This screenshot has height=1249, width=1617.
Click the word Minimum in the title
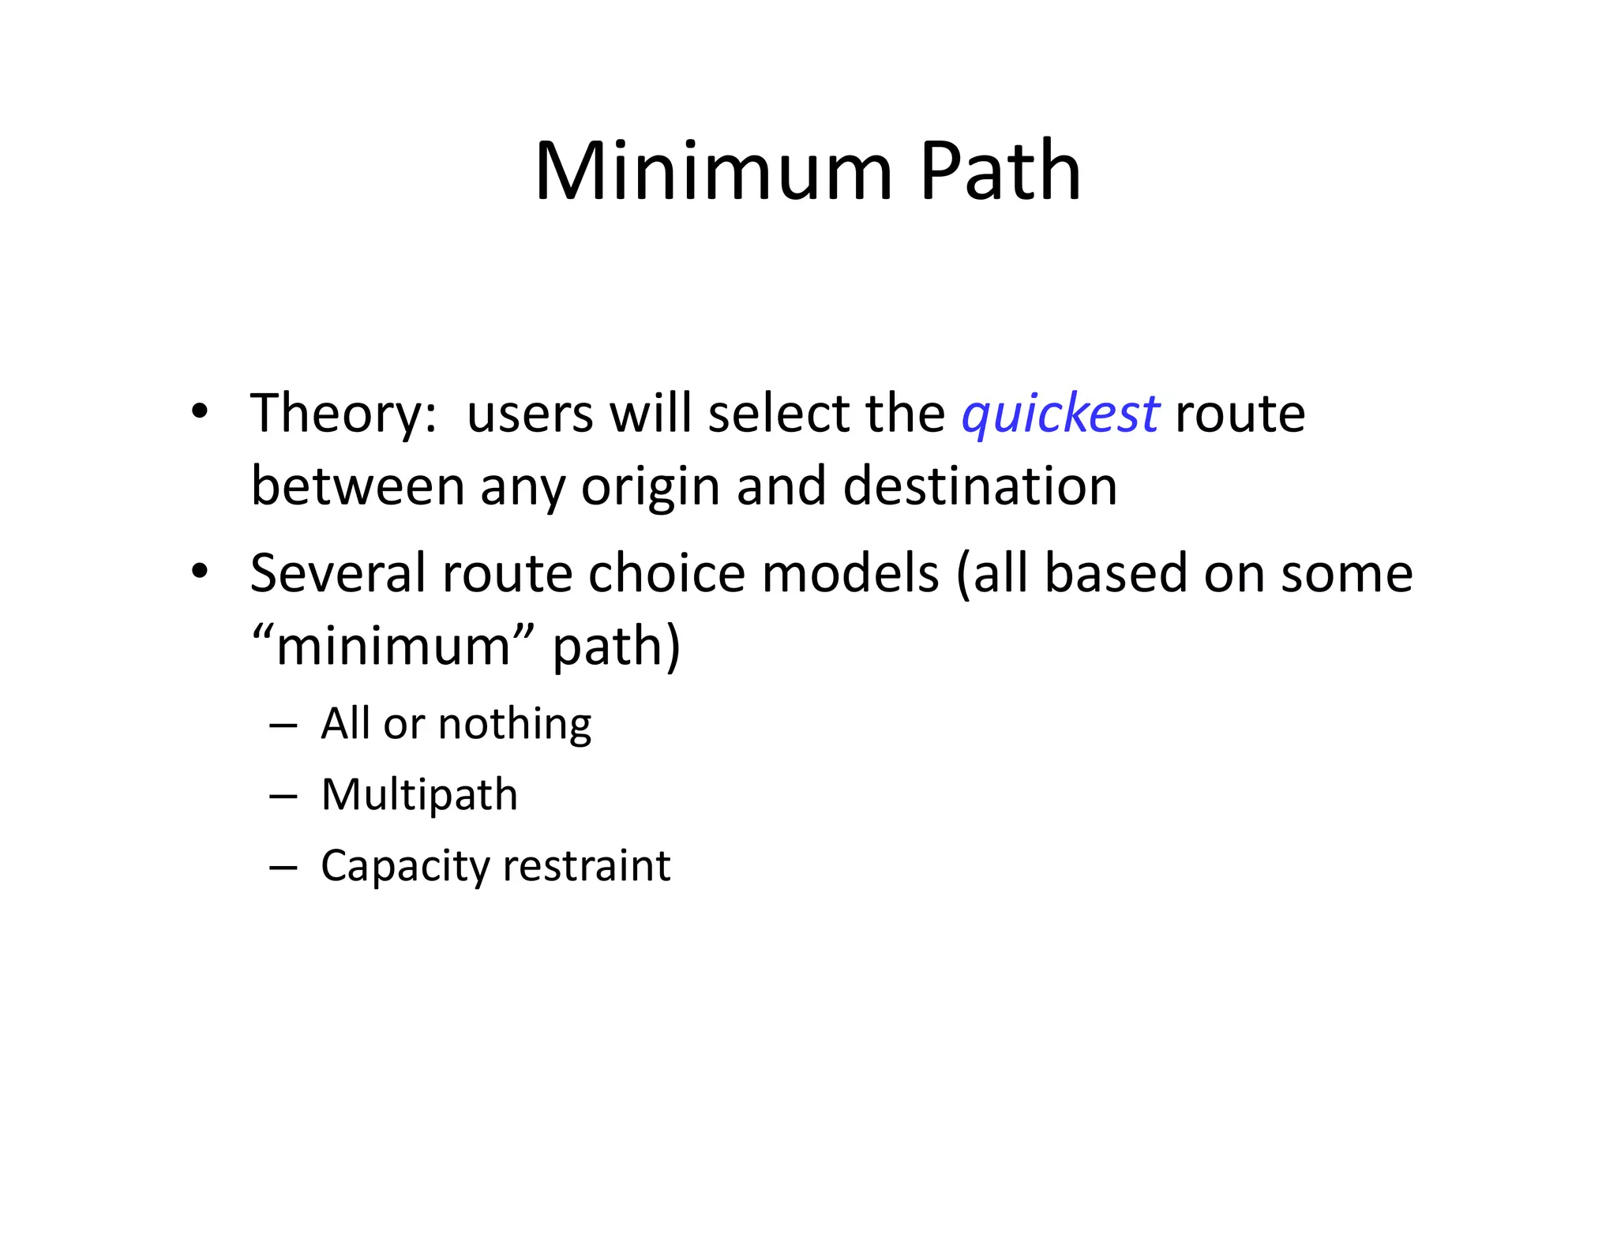(713, 171)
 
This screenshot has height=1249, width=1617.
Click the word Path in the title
(1000, 171)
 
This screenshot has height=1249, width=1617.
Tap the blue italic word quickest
(1060, 414)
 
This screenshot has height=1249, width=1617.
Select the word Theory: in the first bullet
(343, 414)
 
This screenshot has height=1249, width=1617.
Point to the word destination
(980, 486)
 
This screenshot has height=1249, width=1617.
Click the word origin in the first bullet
(651, 488)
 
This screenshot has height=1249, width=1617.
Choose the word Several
(337, 573)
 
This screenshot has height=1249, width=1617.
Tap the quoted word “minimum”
(392, 646)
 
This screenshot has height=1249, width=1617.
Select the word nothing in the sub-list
(514, 724)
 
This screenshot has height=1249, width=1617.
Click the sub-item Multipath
(419, 795)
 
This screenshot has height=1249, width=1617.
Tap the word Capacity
(404, 867)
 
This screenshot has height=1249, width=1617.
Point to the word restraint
(586, 865)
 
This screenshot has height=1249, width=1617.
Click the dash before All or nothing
(283, 725)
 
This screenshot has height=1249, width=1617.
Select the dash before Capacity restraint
(283, 867)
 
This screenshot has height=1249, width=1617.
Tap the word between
(358, 486)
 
